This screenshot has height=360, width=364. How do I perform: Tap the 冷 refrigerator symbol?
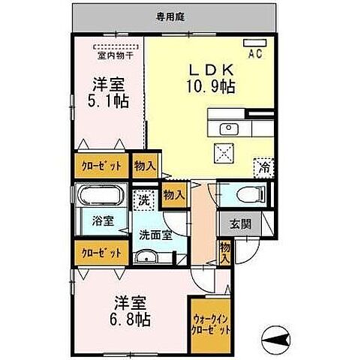tap(264, 166)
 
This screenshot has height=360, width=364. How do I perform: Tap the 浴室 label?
tap(103, 221)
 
